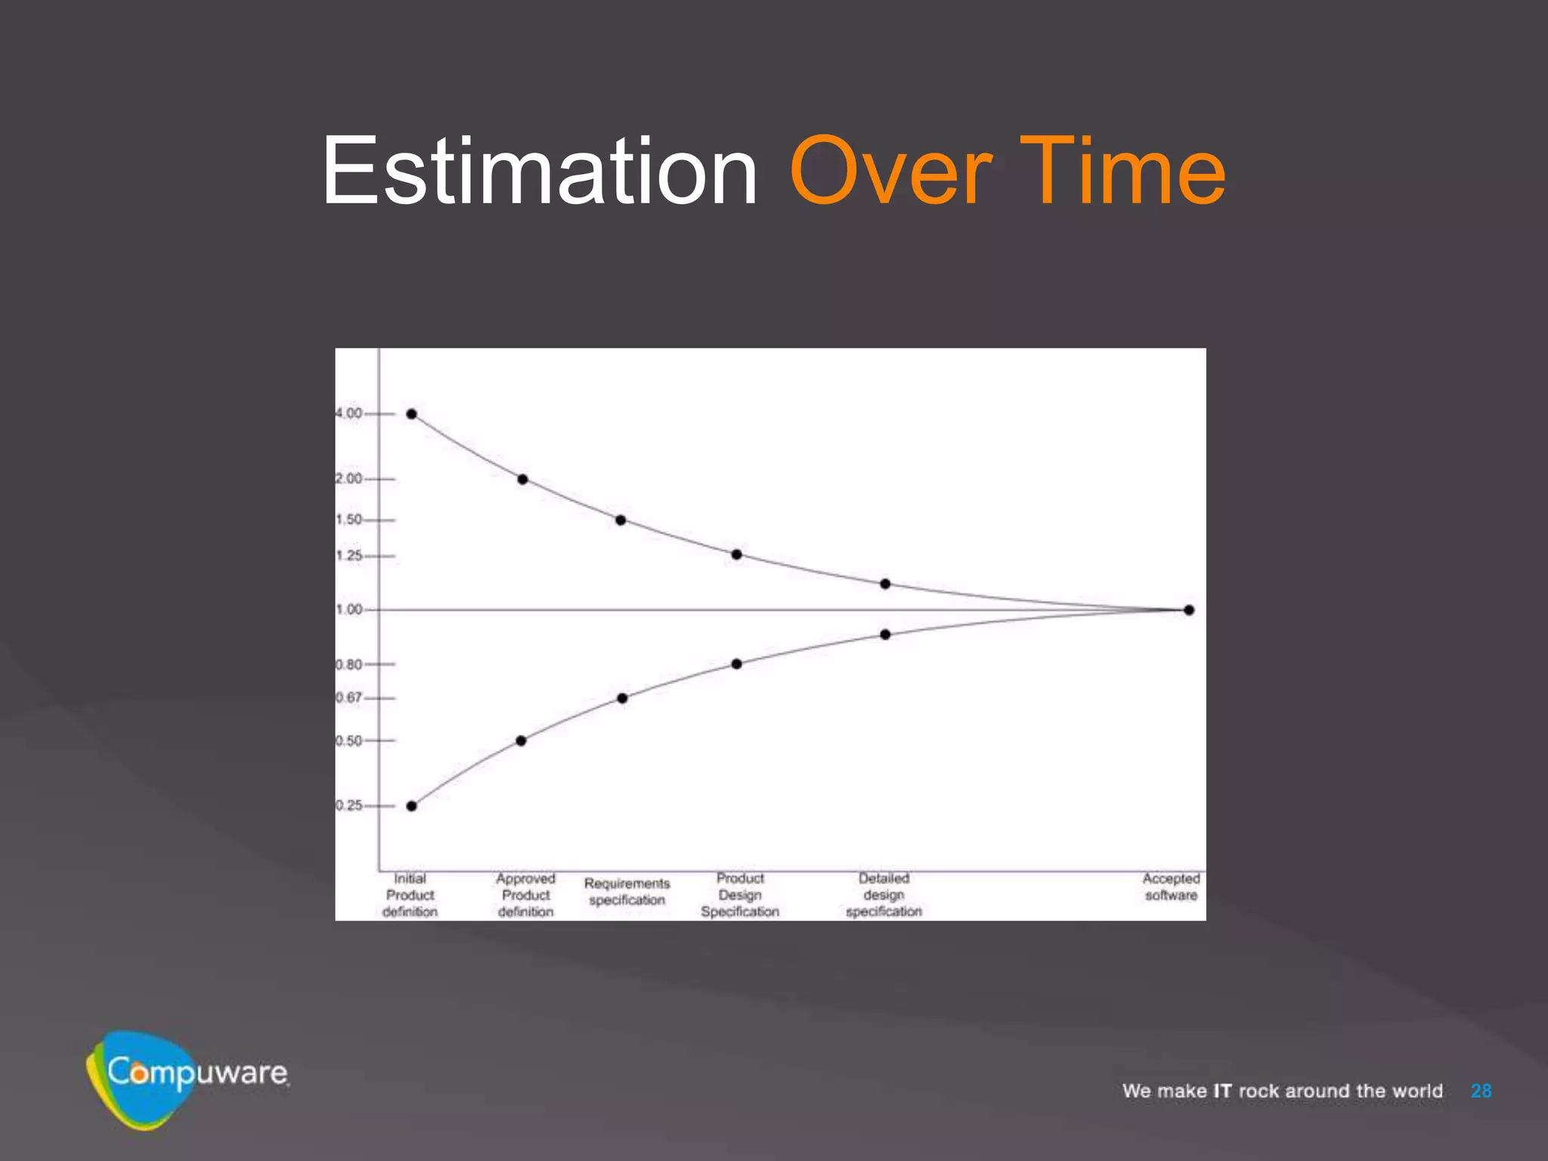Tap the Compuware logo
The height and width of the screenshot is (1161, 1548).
point(186,1076)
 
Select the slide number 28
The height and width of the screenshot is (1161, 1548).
point(1481,1091)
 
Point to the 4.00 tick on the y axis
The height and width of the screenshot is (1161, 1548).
point(349,413)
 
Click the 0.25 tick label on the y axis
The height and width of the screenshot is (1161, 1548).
point(349,806)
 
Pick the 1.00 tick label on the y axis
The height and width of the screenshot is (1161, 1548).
point(349,609)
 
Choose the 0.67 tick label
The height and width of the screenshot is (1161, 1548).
point(349,698)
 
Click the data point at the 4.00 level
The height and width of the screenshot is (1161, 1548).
point(412,414)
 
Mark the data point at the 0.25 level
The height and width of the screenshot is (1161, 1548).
point(412,806)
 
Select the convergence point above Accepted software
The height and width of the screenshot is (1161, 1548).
point(1189,610)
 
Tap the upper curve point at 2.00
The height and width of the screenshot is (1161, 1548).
point(522,479)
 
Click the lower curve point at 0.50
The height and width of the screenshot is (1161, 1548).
point(521,741)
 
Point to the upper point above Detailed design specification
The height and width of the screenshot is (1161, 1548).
point(885,584)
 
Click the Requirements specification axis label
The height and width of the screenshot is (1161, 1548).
point(627,892)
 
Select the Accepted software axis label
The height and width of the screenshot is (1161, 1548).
point(1171,887)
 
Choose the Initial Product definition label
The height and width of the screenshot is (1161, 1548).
point(410,895)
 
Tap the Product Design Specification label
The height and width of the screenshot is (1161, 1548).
point(739,895)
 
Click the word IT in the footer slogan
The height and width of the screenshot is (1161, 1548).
point(1222,1091)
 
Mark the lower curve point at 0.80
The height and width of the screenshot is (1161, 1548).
point(736,664)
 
